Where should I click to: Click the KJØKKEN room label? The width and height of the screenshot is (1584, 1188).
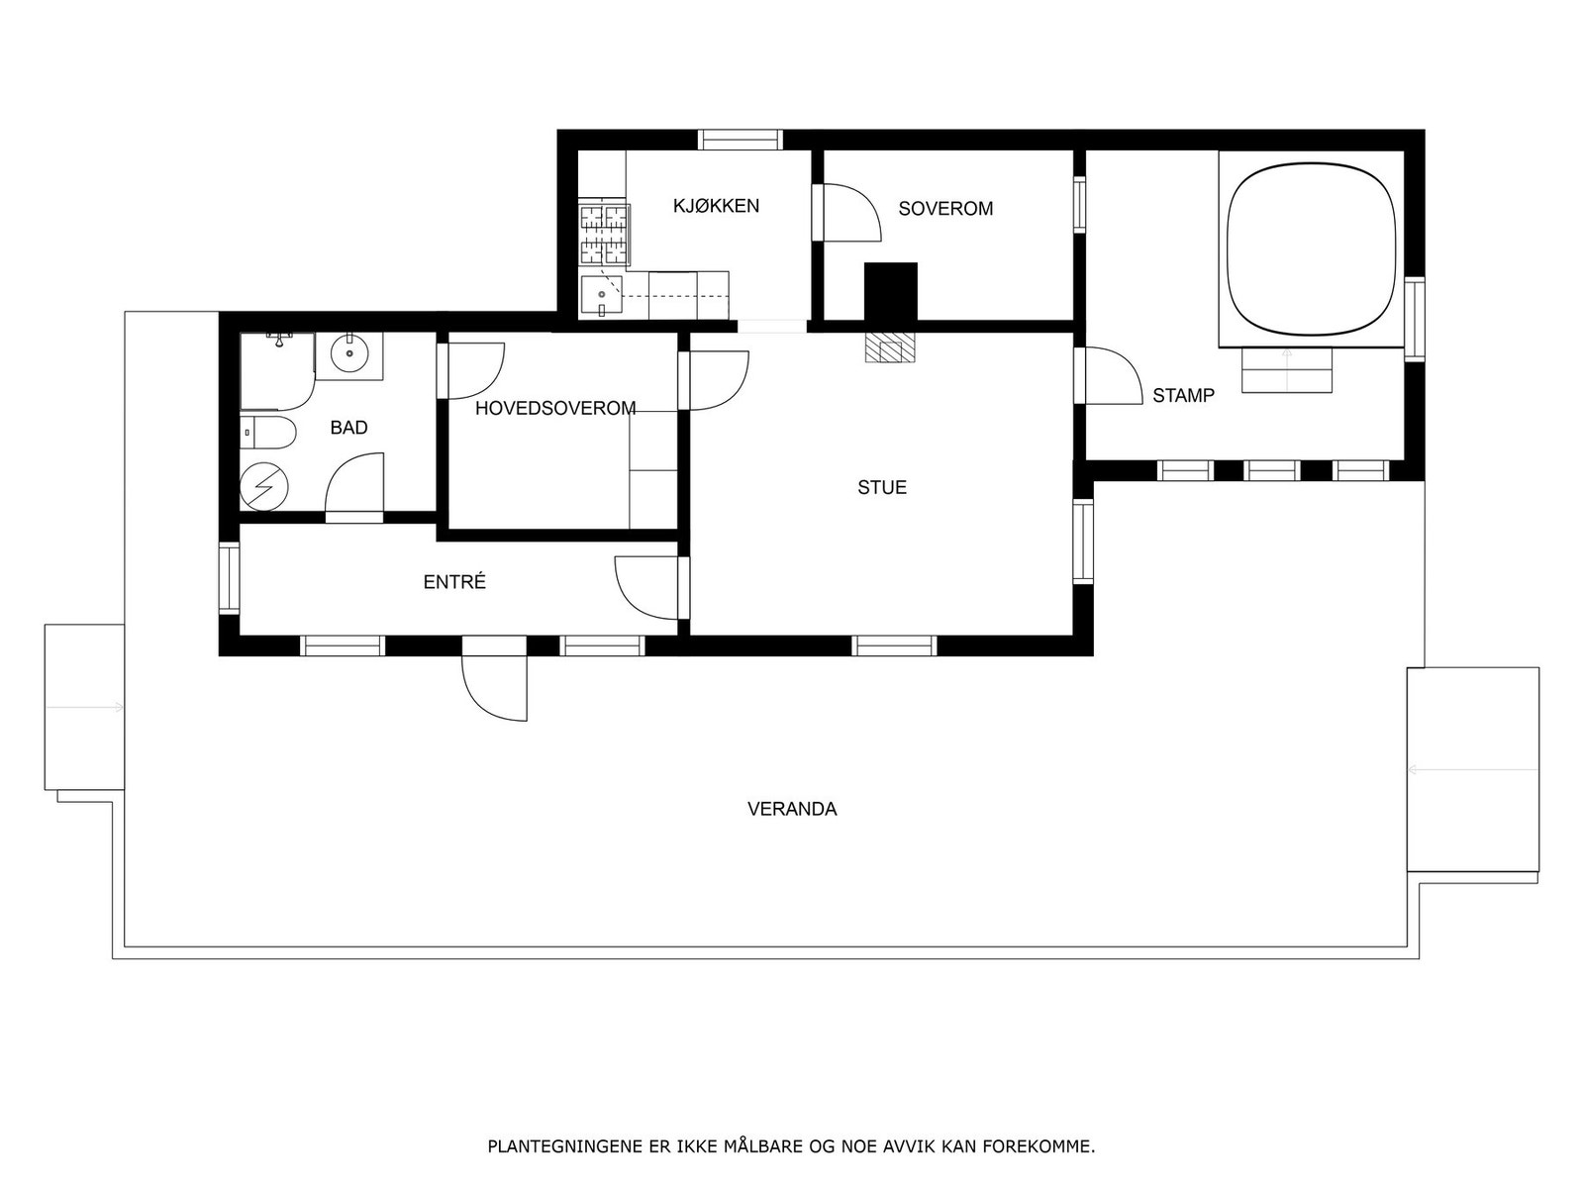716,206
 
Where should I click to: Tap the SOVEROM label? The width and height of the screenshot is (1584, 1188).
945,209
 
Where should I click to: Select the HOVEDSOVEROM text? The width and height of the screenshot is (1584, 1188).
555,408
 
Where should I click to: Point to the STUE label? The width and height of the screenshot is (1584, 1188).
882,487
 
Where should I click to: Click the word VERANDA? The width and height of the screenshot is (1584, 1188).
792,809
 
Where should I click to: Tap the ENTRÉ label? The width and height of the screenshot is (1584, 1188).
454,582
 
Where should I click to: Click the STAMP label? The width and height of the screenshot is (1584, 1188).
1183,396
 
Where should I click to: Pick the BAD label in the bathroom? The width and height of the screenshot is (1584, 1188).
348,428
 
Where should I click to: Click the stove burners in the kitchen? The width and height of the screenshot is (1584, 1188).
604,236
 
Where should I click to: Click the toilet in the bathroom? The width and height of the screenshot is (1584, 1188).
269,433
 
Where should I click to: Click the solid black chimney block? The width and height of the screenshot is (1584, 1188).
890,291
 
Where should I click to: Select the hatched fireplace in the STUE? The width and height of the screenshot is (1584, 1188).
890,347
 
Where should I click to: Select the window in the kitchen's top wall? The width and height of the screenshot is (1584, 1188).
741,140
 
